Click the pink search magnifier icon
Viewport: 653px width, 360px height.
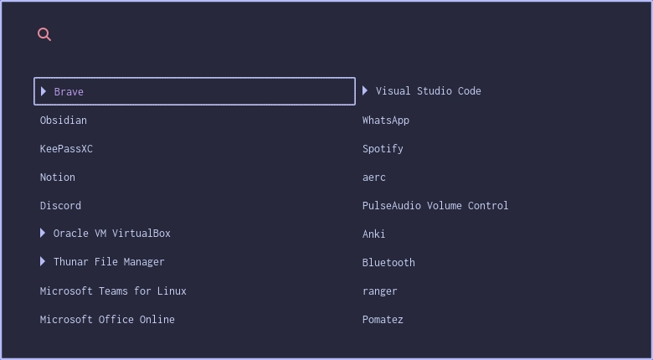tap(44, 34)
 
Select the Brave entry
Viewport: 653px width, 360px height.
tap(69, 92)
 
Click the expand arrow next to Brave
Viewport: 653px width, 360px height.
tap(44, 91)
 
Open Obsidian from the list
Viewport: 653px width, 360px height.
tap(64, 121)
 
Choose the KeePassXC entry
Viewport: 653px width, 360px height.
tap(66, 149)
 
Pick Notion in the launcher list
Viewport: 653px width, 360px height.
tap(58, 177)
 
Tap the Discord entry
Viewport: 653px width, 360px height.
tap(60, 206)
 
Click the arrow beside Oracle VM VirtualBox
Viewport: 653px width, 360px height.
tap(43, 233)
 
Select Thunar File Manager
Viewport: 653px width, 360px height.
tap(109, 262)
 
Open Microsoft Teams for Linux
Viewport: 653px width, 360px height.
tap(113, 291)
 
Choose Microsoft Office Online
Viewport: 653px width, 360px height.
tap(107, 320)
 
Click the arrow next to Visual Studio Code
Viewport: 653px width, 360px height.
tap(365, 90)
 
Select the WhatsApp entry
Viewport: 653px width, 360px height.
tap(386, 121)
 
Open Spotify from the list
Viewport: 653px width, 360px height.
tap(383, 149)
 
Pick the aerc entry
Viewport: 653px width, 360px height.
tap(374, 177)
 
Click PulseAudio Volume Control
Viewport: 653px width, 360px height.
tap(435, 206)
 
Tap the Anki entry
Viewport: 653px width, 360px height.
tap(374, 234)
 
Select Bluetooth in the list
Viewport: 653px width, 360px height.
tap(388, 263)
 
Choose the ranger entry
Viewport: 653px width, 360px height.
tap(380, 291)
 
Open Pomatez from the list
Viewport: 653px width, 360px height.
tap(383, 320)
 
